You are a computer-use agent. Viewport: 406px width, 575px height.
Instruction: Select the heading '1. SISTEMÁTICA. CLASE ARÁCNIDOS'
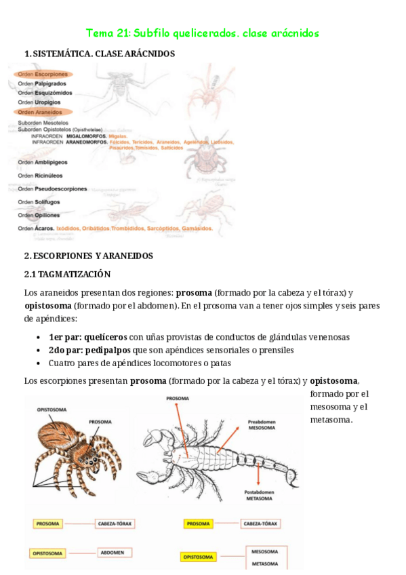[99, 54]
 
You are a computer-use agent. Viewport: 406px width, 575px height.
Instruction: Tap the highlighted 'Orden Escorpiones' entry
[43, 74]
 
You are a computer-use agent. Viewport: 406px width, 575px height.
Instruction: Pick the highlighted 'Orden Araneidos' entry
[41, 112]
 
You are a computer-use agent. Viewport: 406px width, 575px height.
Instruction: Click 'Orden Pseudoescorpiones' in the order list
[52, 189]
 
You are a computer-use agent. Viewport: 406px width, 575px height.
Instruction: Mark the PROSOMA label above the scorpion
[178, 399]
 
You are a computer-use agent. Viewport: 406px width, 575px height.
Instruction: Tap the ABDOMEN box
[112, 553]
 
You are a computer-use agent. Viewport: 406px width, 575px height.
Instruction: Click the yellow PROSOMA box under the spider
[47, 523]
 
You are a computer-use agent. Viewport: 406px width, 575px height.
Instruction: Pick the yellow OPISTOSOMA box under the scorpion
[199, 557]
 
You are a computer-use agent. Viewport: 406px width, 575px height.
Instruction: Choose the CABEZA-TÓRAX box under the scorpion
[261, 523]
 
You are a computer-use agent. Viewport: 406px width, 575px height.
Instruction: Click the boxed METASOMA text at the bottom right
[264, 563]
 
